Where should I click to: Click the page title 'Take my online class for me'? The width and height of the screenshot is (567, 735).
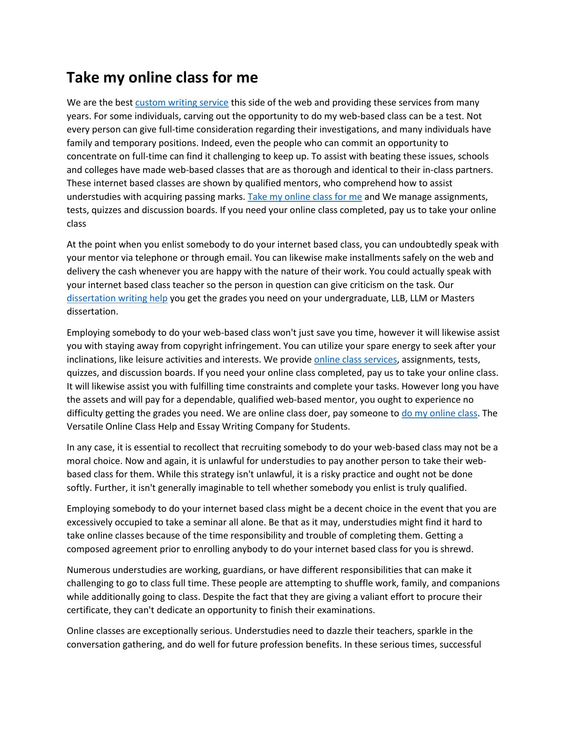pos(162,78)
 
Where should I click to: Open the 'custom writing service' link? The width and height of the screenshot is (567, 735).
pos(182,103)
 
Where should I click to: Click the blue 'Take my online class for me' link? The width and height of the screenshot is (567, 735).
pos(305,197)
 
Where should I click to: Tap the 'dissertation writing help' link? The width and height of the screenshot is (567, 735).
pos(117,298)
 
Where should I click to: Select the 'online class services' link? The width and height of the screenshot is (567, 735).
pos(355,359)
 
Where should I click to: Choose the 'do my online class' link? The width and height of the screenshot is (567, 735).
pos(439,413)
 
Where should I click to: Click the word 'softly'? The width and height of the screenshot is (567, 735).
pos(79,488)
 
